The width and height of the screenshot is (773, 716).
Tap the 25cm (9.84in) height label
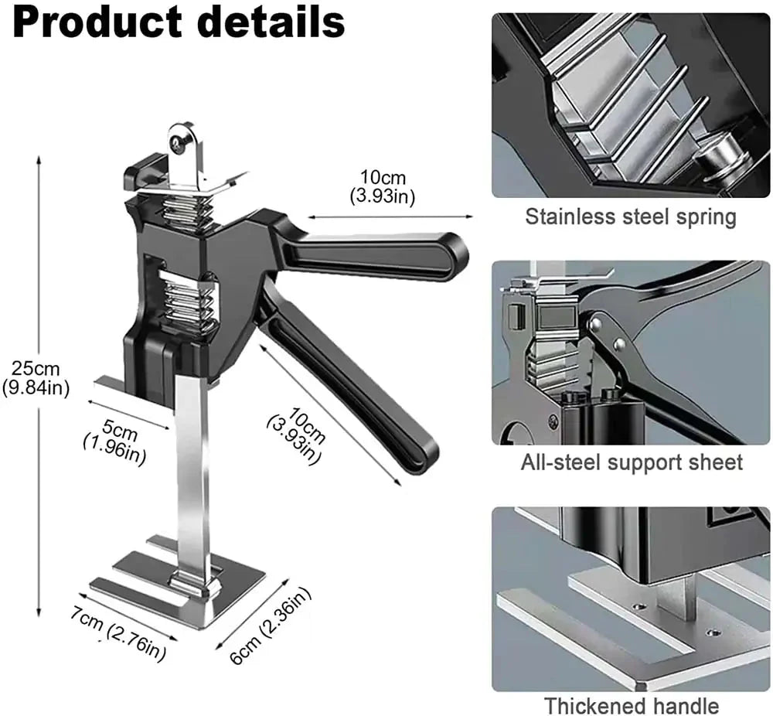coord(36,378)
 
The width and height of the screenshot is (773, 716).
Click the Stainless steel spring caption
coord(630,217)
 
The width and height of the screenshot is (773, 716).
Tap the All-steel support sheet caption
coord(631,462)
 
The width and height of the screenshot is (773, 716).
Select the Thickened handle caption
coord(631,705)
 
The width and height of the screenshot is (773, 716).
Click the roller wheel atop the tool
coord(183,143)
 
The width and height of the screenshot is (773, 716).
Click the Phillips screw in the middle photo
coord(553,422)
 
